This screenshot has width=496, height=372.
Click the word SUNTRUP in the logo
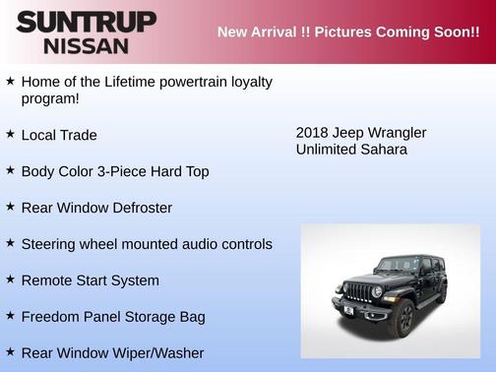tap(85, 22)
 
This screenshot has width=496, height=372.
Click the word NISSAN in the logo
tap(85, 44)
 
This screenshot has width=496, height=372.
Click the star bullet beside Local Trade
tap(10, 134)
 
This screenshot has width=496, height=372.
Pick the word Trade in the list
tap(78, 135)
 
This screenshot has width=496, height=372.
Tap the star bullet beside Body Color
tap(10, 170)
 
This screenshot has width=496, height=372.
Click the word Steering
tap(50, 244)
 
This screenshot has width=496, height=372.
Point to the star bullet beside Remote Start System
tap(10, 279)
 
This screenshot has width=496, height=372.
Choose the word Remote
tap(48, 280)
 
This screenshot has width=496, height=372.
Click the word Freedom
tap(52, 317)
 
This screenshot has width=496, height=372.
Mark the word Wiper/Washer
tap(156, 353)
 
